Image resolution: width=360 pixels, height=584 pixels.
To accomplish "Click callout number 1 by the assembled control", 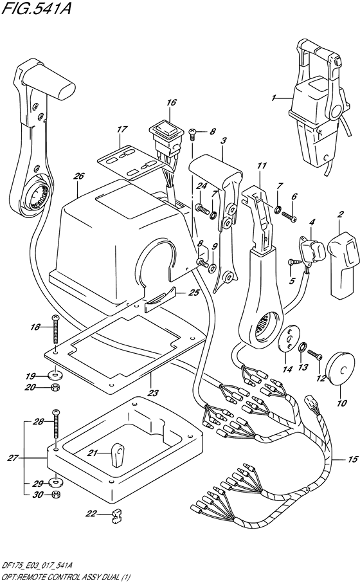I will [x=273, y=98].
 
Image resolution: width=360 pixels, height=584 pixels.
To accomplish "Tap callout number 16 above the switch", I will [x=170, y=102].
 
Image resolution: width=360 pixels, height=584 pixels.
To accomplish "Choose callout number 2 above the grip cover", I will [x=341, y=214].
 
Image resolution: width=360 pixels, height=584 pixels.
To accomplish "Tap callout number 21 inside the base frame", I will [x=94, y=453].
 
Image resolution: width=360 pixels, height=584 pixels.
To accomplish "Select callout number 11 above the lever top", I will [x=260, y=167].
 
